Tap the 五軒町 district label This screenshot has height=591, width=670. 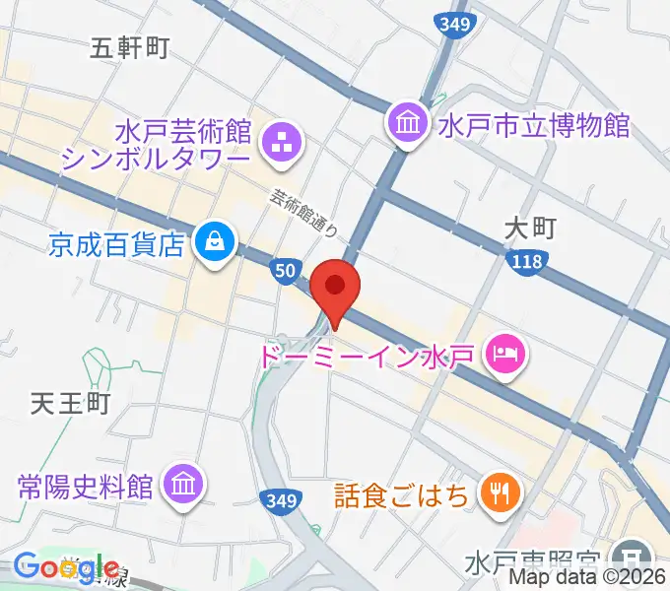click(x=130, y=46)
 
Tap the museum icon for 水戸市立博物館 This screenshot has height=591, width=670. click(x=408, y=124)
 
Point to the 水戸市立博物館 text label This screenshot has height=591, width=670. click(x=533, y=126)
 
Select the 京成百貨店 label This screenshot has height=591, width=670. click(x=117, y=243)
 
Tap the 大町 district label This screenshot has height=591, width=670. click(x=530, y=229)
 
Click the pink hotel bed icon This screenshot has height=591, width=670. click(x=506, y=352)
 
